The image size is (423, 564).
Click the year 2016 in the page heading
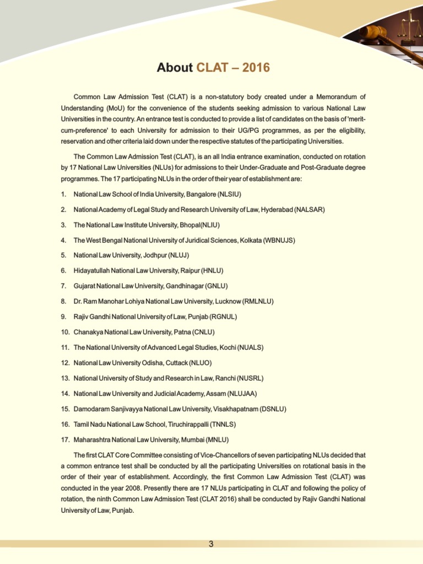pyautogui.click(x=255, y=68)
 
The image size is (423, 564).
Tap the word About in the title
pyautogui.click(x=175, y=68)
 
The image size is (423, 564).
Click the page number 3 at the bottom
pyautogui.click(x=211, y=544)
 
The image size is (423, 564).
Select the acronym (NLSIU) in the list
pyautogui.click(x=230, y=195)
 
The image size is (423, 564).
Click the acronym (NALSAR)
pyautogui.click(x=310, y=210)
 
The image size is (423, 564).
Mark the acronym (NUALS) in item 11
pyautogui.click(x=247, y=348)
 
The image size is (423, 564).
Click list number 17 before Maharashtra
pyautogui.click(x=64, y=440)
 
